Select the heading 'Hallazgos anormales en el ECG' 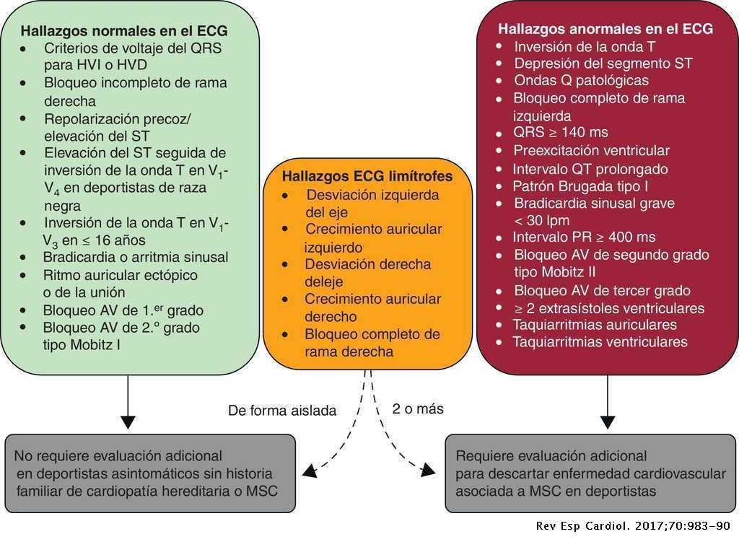pos(605,30)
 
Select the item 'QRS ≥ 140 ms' pos(560,132)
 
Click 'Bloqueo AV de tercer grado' pos(602,291)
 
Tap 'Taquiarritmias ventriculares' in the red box pos(600,341)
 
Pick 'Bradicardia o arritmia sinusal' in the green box pos(136,257)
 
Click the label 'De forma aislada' pos(282,411)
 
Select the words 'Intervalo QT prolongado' pos(590,168)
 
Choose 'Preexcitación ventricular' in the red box pos(591,150)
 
